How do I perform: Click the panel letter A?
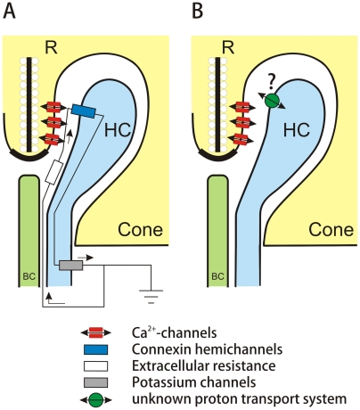pyautogui.click(x=9, y=12)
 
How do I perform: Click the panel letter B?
pyautogui.click(x=198, y=12)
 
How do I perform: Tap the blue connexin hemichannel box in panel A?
pyautogui.click(x=84, y=111)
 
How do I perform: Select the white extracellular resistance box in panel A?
pyautogui.click(x=53, y=172)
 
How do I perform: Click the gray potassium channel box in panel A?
pyautogui.click(x=71, y=266)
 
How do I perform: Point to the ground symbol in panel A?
pyautogui.click(x=151, y=297)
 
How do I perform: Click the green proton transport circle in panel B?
pyautogui.click(x=272, y=101)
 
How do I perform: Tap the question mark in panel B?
pyautogui.click(x=271, y=82)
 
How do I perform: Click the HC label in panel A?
pyautogui.click(x=118, y=130)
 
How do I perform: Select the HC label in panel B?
pyautogui.click(x=297, y=130)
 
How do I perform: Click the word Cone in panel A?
pyautogui.click(x=141, y=230)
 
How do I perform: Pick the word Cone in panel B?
pyautogui.click(x=331, y=230)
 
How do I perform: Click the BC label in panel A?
pyautogui.click(x=29, y=277)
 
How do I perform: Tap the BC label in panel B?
pyautogui.click(x=217, y=277)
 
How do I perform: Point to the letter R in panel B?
pyautogui.click(x=228, y=47)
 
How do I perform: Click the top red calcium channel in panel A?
pyautogui.click(x=53, y=106)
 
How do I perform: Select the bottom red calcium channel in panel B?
pyautogui.click(x=242, y=139)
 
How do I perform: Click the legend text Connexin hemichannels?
pyautogui.click(x=207, y=349)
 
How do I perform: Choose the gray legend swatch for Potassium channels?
pyautogui.click(x=95, y=382)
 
